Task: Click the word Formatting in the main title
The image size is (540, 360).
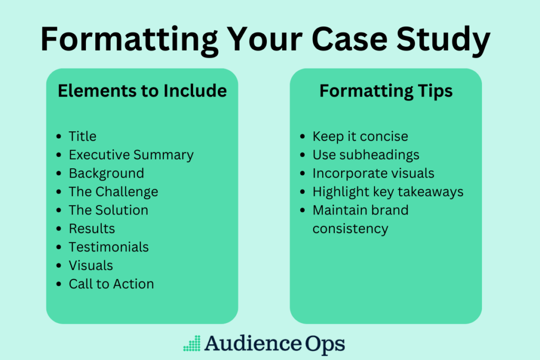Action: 130,39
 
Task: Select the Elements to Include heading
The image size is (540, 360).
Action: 142,91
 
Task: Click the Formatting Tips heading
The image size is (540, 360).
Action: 385,91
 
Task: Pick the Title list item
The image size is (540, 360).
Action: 82,137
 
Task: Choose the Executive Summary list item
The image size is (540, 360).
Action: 131,155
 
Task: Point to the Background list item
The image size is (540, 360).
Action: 106,173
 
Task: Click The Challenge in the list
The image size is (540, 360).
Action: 113,192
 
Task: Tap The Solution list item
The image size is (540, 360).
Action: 108,210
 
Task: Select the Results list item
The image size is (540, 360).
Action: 92,228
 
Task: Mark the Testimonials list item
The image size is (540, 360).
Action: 109,247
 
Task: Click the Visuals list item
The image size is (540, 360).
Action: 91,265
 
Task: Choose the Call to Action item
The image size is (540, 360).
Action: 111,284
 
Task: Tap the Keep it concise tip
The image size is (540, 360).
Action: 360,137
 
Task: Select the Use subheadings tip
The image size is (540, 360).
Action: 366,155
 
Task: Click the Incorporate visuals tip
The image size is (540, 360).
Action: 373,173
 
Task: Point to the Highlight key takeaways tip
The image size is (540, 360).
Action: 388,191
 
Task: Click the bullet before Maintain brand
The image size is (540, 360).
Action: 302,210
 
